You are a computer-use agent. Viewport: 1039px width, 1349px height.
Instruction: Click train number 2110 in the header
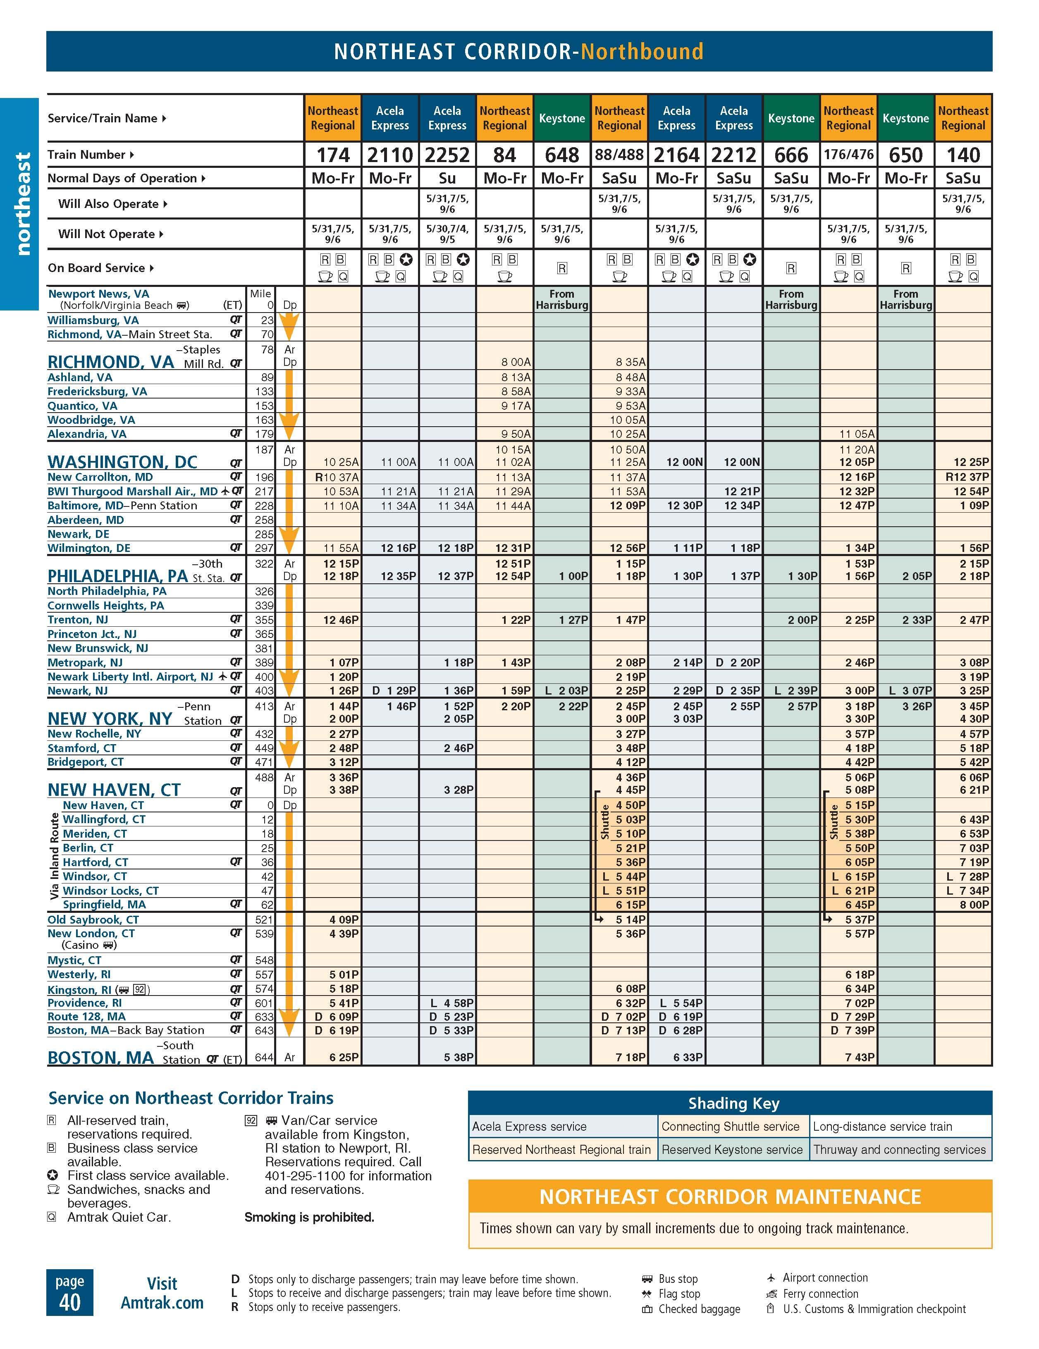point(390,155)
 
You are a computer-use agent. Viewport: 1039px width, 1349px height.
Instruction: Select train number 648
point(561,155)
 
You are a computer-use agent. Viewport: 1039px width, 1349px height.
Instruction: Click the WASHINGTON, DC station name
point(122,462)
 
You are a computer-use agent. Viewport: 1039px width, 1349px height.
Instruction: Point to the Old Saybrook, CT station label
point(93,919)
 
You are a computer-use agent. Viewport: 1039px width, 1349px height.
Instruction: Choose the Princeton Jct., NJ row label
point(92,634)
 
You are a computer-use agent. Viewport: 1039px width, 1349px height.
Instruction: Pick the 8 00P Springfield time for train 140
point(974,904)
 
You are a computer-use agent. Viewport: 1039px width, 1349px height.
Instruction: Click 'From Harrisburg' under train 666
point(791,300)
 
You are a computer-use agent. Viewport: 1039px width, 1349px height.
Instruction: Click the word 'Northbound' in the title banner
point(642,52)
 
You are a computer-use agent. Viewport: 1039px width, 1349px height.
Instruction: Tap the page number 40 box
point(70,1293)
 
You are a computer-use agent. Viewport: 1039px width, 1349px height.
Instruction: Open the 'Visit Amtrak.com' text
point(162,1293)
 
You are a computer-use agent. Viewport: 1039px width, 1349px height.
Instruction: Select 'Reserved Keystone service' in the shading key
point(731,1149)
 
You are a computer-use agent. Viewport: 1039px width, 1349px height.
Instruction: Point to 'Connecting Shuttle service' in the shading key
point(730,1126)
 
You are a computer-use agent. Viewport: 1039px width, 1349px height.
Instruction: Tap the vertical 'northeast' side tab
point(23,204)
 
